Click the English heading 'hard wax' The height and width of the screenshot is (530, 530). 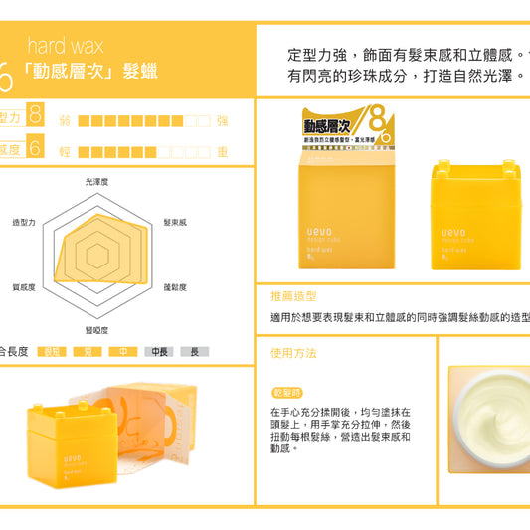pyautogui.click(x=65, y=46)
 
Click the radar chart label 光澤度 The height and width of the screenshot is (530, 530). pyautogui.click(x=96, y=182)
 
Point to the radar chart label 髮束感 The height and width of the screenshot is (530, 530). pyautogui.click(x=175, y=222)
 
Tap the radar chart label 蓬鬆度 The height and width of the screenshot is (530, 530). pyautogui.click(x=175, y=287)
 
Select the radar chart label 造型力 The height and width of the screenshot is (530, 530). pyautogui.click(x=23, y=222)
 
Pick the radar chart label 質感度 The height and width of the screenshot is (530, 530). pyautogui.click(x=23, y=287)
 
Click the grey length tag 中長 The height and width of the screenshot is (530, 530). pyautogui.click(x=158, y=351)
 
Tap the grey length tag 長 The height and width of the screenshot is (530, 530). pyautogui.click(x=194, y=351)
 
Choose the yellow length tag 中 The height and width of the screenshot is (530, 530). pyautogui.click(x=122, y=351)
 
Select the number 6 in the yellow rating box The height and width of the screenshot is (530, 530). pyautogui.click(x=35, y=149)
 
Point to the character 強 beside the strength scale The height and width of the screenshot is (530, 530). pyautogui.click(x=222, y=120)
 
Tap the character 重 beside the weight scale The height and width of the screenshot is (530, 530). pyautogui.click(x=222, y=152)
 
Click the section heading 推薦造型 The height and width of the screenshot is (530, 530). pyautogui.click(x=293, y=296)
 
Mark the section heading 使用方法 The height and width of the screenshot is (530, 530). pyautogui.click(x=293, y=353)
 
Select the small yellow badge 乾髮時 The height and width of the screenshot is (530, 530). pyautogui.click(x=286, y=393)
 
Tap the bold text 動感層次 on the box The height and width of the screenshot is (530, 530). pyautogui.click(x=329, y=126)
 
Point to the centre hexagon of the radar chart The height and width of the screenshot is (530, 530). pyautogui.click(x=96, y=256)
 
